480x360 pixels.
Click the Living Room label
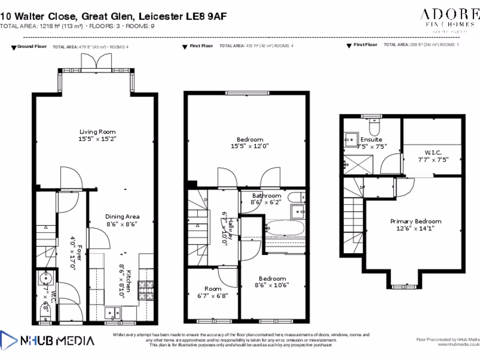point(97,132)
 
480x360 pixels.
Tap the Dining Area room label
point(122,217)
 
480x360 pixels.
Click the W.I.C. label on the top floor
point(433,152)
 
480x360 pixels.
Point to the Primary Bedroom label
point(416,221)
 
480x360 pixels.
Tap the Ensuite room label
point(371,139)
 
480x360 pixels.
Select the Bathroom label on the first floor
point(267,195)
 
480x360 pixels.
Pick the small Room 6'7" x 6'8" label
point(213,289)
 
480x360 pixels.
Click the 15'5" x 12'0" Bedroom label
point(250,139)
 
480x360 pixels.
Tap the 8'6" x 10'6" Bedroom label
point(272,278)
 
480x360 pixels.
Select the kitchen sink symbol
point(112,311)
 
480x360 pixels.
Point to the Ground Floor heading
point(31,47)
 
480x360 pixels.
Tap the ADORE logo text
point(449,14)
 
